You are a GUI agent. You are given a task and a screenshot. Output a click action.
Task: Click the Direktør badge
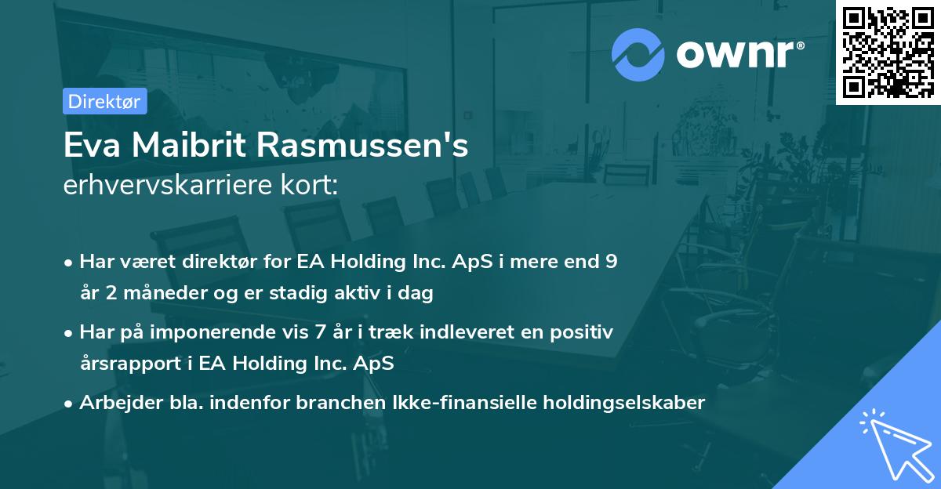point(104,101)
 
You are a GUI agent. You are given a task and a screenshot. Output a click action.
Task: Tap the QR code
point(888,52)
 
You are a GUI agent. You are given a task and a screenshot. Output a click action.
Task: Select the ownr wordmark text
point(737,55)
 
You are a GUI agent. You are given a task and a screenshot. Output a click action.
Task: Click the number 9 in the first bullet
point(611,262)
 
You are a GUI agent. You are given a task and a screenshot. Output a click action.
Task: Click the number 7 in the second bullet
point(320,332)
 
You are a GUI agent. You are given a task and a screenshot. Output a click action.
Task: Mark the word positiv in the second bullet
point(584,332)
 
